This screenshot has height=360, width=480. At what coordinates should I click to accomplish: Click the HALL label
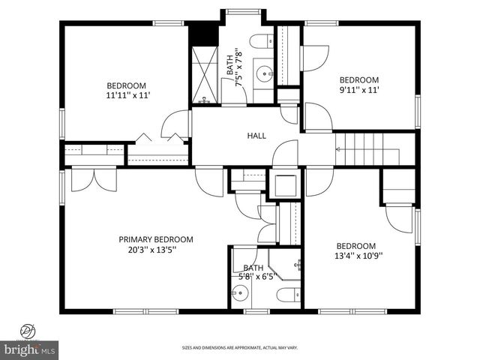coord(257,136)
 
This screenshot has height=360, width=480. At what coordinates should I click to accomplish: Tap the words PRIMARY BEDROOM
coord(156,240)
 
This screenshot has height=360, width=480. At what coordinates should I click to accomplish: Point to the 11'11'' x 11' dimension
coord(129,96)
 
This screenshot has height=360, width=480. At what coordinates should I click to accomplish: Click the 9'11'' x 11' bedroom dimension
coord(359,90)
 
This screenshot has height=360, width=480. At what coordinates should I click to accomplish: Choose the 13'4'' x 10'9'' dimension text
coord(359,255)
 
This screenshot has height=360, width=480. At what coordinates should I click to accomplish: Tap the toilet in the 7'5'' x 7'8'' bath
coord(262,42)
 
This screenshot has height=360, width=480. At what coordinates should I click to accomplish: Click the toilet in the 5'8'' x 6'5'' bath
coord(288,294)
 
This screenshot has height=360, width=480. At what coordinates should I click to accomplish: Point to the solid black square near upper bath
coord(202,34)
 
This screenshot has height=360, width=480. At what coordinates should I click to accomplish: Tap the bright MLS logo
coord(30,349)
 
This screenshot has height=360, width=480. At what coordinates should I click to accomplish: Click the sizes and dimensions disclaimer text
coord(240,347)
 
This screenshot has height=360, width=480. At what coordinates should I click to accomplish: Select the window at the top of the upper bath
coord(241,11)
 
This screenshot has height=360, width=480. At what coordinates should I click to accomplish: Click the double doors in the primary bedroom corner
coord(83,180)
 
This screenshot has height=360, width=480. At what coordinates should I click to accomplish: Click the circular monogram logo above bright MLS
coord(28,330)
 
